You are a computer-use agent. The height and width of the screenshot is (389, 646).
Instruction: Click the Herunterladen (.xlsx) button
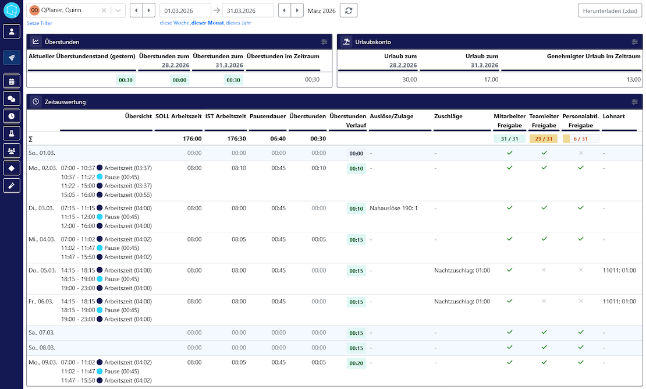[610, 10]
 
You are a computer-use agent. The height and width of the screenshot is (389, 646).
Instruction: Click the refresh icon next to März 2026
[349, 10]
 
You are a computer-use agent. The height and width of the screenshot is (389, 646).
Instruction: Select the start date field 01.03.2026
[185, 10]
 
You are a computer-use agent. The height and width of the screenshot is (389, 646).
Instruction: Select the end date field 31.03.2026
[247, 10]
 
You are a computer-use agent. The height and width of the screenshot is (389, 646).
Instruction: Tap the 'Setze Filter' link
[40, 23]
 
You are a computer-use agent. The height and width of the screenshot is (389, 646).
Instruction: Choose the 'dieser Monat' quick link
[208, 23]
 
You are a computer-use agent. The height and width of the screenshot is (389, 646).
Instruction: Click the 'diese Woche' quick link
[175, 23]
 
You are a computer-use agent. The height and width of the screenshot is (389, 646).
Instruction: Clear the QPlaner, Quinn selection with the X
[104, 10]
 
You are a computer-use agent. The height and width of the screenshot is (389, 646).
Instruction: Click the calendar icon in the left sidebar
[12, 82]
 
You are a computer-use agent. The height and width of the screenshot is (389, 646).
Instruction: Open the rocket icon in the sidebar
[12, 58]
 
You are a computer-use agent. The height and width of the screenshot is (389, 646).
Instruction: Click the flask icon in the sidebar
[12, 133]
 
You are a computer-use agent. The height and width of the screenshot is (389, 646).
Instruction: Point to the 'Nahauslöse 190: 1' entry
[393, 208]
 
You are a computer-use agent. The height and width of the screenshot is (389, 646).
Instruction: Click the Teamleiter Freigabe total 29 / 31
[544, 139]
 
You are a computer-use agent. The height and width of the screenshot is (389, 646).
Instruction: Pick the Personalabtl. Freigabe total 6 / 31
[580, 139]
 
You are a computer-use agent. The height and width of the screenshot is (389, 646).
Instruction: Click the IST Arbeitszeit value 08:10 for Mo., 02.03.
[239, 168]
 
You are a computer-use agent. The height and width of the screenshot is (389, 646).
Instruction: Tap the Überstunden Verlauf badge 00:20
[356, 363]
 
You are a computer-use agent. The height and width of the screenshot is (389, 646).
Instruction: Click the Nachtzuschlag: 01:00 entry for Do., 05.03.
[462, 271]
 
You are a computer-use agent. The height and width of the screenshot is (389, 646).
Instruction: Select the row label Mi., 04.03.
[41, 239]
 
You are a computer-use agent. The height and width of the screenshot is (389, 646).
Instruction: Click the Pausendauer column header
[268, 116]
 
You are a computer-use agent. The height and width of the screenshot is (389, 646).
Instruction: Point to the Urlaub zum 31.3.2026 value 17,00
[491, 80]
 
